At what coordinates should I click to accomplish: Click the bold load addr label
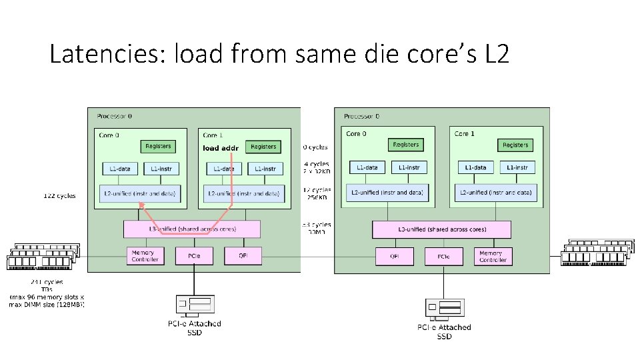tap(220, 148)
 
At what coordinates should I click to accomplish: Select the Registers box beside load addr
tap(263, 147)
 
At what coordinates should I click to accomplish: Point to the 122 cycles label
tap(59, 196)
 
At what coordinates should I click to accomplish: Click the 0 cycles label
tap(315, 147)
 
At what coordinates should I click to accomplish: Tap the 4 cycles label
tap(317, 164)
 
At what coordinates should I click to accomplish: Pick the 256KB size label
tap(317, 197)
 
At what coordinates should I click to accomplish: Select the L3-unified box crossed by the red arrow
tap(191, 229)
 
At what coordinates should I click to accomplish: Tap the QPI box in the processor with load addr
tap(242, 255)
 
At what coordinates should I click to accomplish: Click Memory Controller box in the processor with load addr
tap(145, 256)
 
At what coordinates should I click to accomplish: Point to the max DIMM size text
tap(46, 305)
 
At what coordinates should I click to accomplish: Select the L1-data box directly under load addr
tap(223, 169)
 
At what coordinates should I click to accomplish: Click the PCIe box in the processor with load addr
tap(193, 255)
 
